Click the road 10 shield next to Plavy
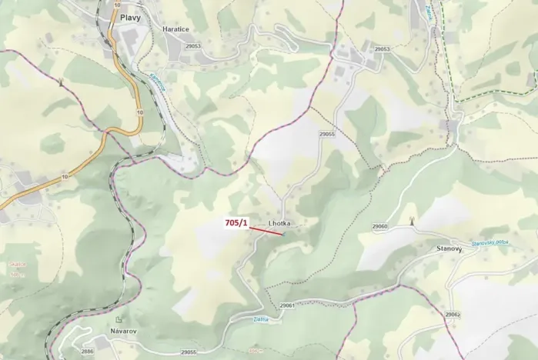tap(116, 5)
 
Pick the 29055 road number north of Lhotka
tap(326, 134)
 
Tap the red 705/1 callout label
tap(236, 223)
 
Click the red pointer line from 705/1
tap(266, 229)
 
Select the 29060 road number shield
tap(380, 226)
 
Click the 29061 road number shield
tap(288, 305)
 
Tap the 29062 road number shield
tap(452, 315)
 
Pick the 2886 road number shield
tap(87, 352)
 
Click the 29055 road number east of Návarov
tap(189, 352)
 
